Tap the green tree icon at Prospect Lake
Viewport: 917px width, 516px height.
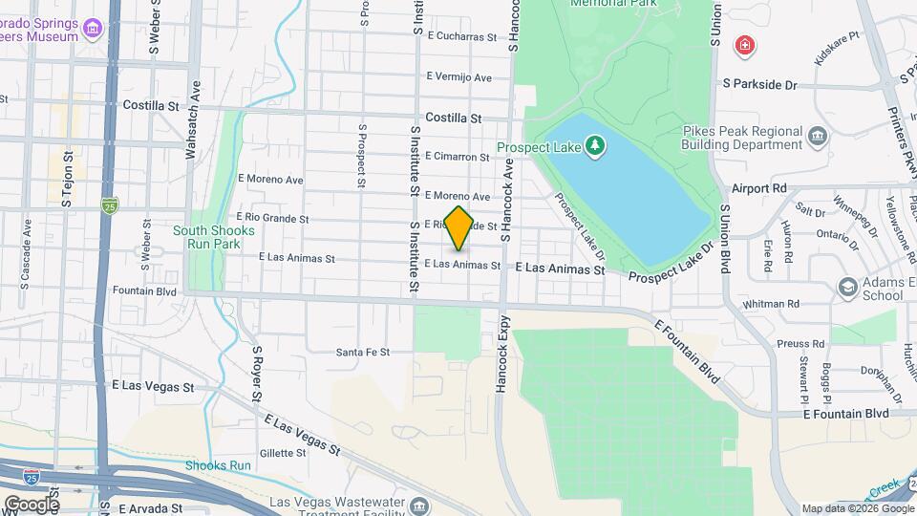[x=595, y=146]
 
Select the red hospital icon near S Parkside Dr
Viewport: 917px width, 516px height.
[x=744, y=46]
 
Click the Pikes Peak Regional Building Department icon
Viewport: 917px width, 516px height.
[x=818, y=137]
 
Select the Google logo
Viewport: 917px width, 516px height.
[x=31, y=504]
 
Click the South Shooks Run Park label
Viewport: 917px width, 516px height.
[x=214, y=237]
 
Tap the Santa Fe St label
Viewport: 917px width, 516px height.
[x=363, y=353]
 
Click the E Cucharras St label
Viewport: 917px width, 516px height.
[x=463, y=37]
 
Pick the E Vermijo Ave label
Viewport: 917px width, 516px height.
[x=459, y=76]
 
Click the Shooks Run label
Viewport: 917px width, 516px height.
[x=218, y=465]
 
